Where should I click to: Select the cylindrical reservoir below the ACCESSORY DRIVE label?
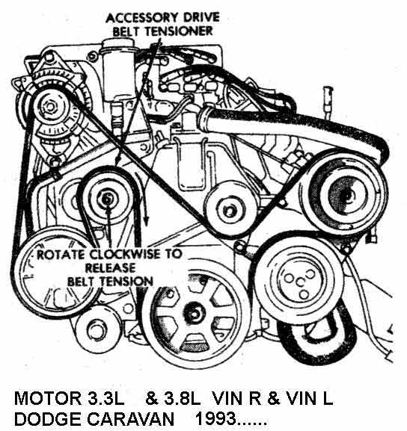pos(120,63)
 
